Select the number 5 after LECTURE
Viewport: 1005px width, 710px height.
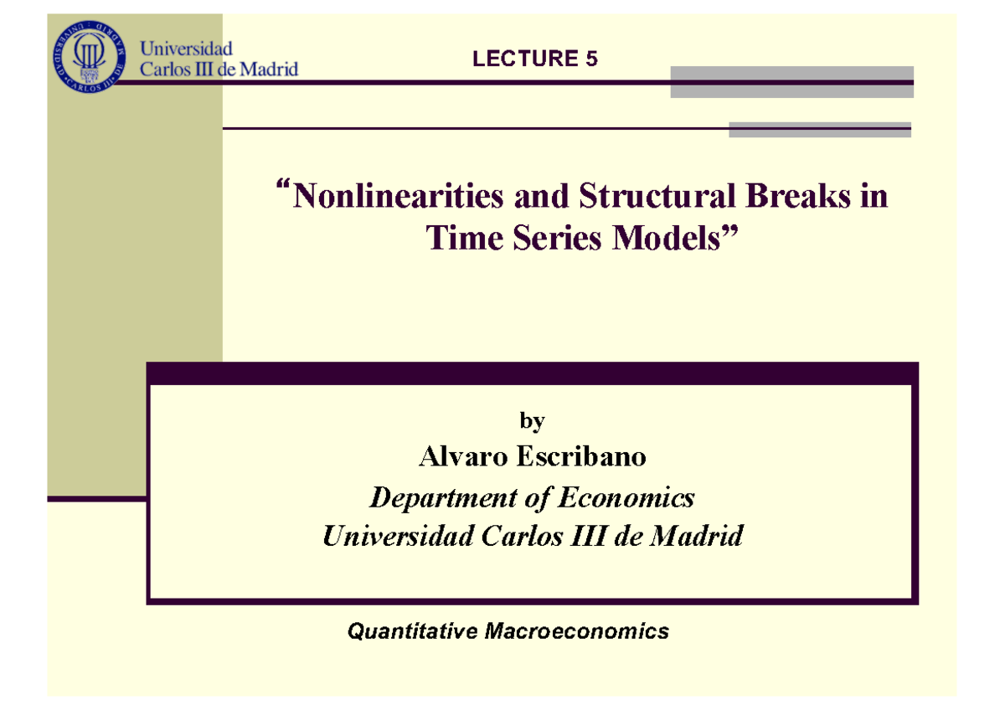[x=592, y=59]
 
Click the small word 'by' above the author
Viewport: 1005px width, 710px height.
[x=532, y=421]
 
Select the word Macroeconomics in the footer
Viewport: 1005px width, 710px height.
[x=576, y=631]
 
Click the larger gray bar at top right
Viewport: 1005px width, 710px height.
[x=791, y=82]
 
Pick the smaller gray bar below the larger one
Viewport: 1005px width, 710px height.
[x=820, y=129]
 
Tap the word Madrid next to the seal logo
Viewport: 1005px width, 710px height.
[x=268, y=70]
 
